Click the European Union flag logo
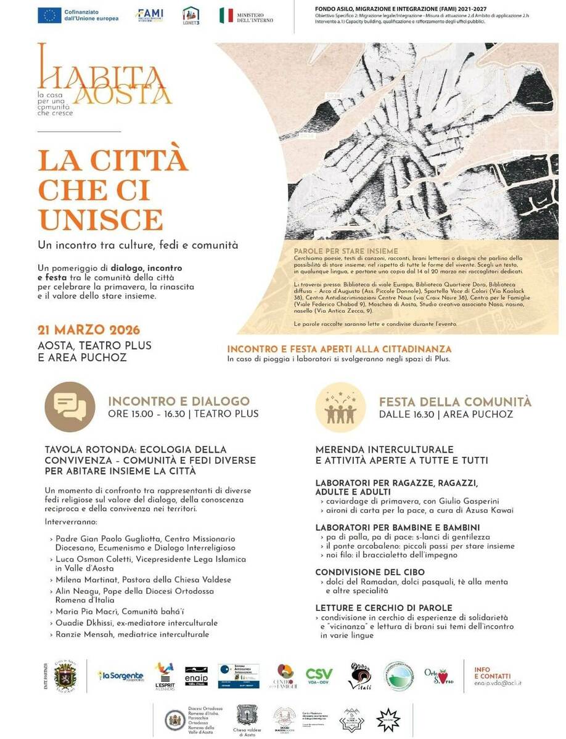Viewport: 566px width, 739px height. click(49, 15)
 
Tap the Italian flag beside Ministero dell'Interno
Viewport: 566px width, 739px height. click(226, 15)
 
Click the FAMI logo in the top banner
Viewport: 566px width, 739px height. click(150, 15)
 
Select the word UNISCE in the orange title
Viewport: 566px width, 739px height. click(100, 219)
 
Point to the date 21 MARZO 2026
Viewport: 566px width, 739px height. click(89, 330)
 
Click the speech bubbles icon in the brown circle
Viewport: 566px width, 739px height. click(70, 406)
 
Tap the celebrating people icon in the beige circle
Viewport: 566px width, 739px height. click(340, 406)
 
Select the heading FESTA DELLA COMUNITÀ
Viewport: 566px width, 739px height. click(455, 402)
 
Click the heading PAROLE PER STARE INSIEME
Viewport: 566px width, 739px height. click(337, 250)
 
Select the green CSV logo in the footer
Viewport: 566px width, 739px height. click(319, 674)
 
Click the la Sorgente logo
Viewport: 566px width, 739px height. click(121, 676)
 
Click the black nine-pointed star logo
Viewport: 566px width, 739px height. click(388, 719)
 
